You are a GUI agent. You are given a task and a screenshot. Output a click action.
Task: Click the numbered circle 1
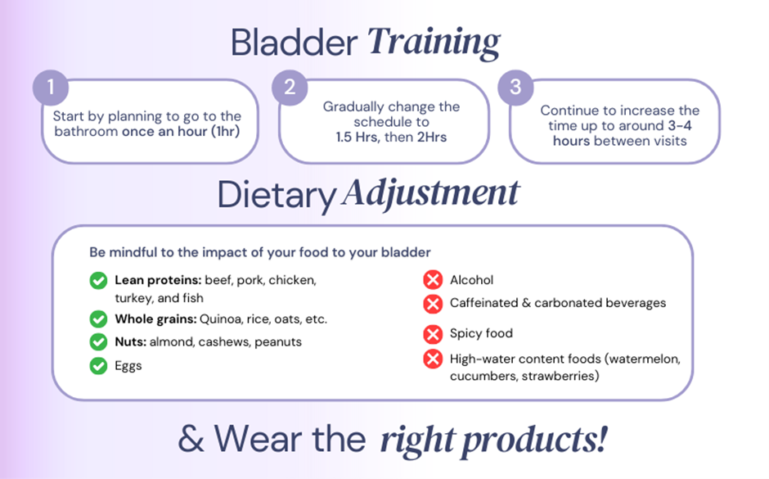click(x=51, y=88)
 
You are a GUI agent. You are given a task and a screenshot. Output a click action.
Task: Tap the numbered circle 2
click(x=290, y=88)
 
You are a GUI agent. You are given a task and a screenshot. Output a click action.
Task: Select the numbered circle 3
click(x=515, y=88)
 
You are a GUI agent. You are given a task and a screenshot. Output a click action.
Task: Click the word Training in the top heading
click(x=434, y=43)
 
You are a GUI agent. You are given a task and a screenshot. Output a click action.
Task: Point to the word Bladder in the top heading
click(x=294, y=43)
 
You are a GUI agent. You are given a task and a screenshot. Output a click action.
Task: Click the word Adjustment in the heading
click(x=430, y=195)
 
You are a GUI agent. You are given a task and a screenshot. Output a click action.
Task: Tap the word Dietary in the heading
click(x=277, y=196)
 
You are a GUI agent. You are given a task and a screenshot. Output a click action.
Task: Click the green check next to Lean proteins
click(x=98, y=281)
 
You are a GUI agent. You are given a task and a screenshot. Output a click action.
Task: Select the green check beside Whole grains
click(x=98, y=319)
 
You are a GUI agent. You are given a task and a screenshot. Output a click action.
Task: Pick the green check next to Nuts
click(x=98, y=341)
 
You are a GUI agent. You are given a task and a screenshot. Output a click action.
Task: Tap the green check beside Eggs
click(x=98, y=366)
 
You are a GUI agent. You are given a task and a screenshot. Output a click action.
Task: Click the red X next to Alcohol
click(x=433, y=280)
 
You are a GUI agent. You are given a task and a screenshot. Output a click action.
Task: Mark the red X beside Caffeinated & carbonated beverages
click(x=433, y=304)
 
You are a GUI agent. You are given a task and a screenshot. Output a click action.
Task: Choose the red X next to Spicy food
click(x=433, y=334)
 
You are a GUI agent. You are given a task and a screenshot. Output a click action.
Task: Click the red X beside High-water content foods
click(x=433, y=359)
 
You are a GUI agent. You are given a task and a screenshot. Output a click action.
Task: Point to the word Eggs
click(x=128, y=366)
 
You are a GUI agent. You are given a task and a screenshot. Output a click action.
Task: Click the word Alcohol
click(x=472, y=280)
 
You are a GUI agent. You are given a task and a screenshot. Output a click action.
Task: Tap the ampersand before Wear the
click(x=191, y=439)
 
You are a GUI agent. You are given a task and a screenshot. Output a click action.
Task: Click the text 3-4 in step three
click(x=680, y=125)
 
